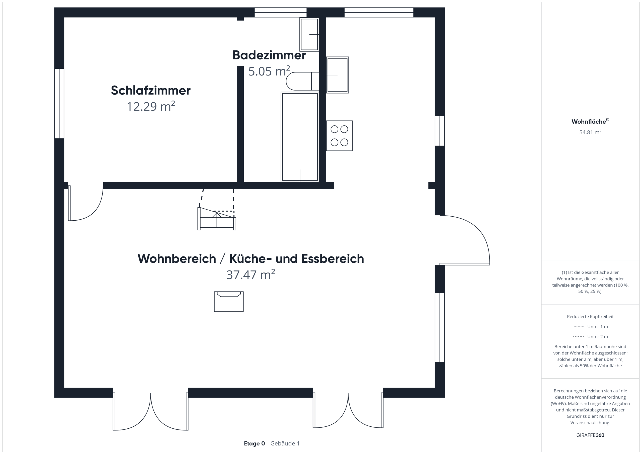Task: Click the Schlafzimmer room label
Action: coord(151,90)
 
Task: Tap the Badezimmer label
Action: coord(269,55)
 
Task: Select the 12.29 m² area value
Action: coord(151,107)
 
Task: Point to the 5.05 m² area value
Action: coord(269,71)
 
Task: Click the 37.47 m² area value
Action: coord(251,275)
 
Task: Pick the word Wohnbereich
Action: coord(177,259)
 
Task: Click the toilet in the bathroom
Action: coord(302,81)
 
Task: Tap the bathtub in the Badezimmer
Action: coord(300,137)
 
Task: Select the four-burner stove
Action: coord(339,136)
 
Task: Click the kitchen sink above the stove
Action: coord(337,75)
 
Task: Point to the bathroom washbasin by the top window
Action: coord(309,34)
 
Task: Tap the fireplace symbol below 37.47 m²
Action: coord(229,302)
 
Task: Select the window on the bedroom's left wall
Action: coord(59,104)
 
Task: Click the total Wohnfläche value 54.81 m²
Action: coord(590,132)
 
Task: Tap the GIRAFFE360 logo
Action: coord(590,435)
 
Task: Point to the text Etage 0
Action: coord(255,443)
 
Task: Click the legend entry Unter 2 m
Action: coord(598,337)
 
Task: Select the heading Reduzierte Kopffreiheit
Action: coord(590,316)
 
